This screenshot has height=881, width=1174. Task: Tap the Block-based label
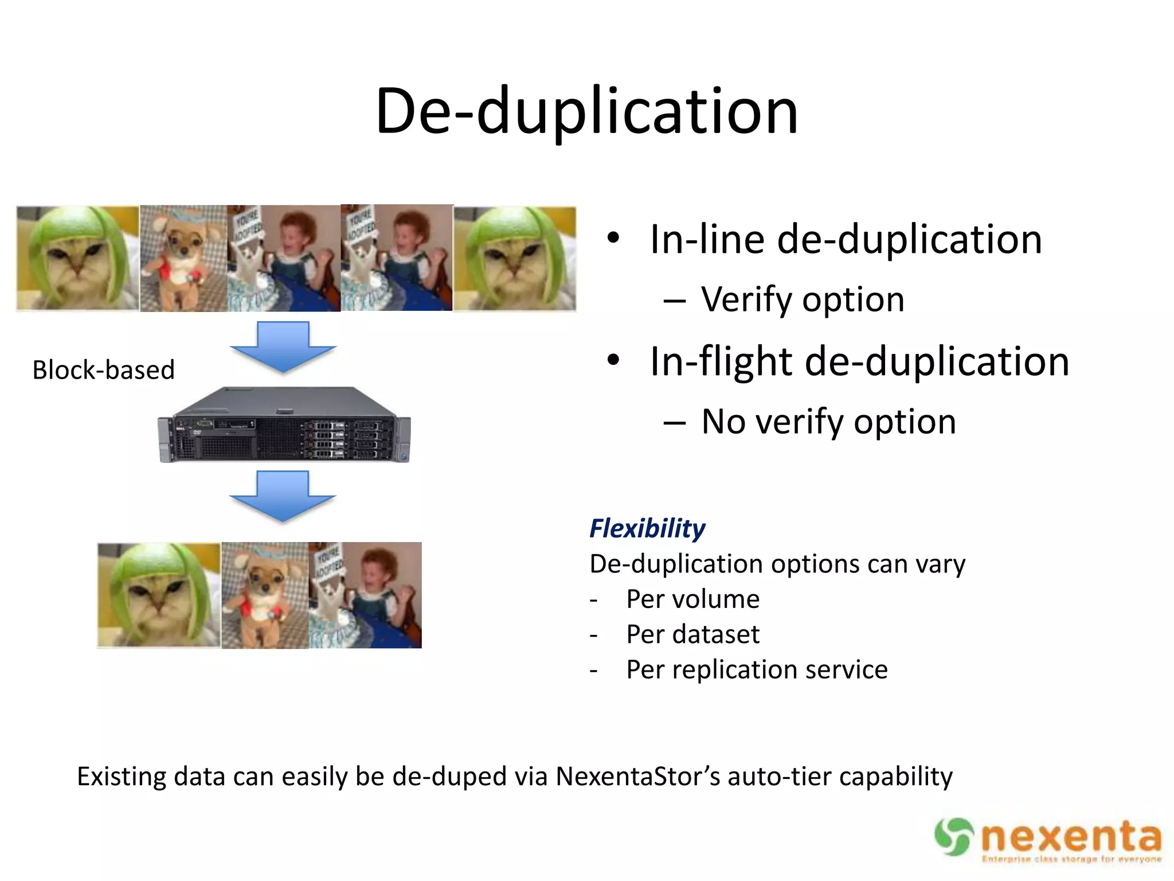(x=103, y=370)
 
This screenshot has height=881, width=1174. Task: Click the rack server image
(x=284, y=425)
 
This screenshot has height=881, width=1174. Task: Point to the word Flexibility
(x=647, y=528)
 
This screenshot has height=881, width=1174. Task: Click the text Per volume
(x=692, y=599)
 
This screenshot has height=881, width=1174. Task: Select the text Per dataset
(x=692, y=634)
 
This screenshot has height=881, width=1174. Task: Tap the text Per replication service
(x=757, y=669)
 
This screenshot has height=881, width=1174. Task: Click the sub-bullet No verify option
(x=828, y=422)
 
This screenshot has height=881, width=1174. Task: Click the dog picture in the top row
(x=183, y=259)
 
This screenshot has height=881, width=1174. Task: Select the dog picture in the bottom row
(x=265, y=595)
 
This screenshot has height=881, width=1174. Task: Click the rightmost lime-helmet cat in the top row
(x=515, y=259)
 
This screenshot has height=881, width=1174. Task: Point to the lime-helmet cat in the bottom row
(x=159, y=595)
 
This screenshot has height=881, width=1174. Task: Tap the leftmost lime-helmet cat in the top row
(x=77, y=259)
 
